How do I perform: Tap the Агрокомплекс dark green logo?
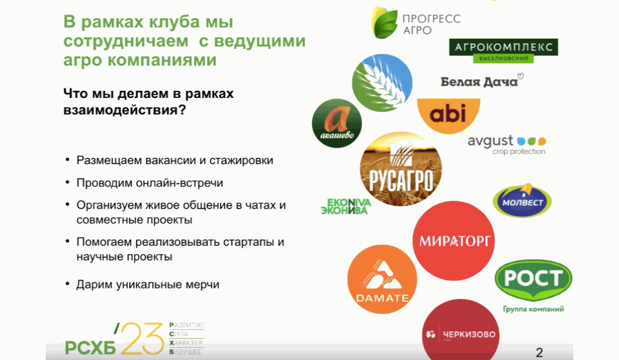[x=504, y=50]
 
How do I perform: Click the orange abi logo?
[x=448, y=115]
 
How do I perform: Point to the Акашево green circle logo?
[x=336, y=123]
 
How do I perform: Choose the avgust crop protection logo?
[x=507, y=145]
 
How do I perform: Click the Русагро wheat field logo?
[x=401, y=169]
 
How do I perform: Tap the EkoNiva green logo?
[x=346, y=206]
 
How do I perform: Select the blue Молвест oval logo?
[x=522, y=201]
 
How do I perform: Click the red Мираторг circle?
[x=454, y=240]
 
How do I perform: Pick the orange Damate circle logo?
[x=382, y=279]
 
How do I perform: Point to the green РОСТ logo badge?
[x=533, y=280]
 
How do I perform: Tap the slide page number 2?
[x=539, y=352]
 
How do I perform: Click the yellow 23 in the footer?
[x=142, y=339]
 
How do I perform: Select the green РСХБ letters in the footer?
[x=90, y=347]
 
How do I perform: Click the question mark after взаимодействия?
[x=182, y=109]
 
